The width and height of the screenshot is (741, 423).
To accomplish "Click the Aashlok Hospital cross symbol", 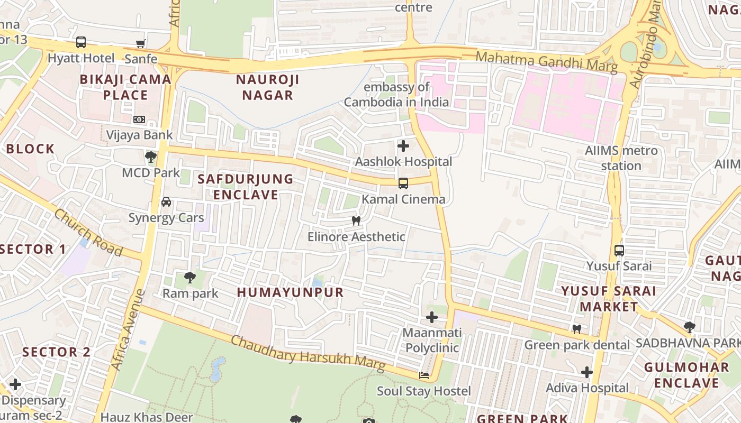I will click(x=403, y=145).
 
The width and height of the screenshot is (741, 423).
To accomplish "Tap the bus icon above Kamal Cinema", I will click(x=403, y=183).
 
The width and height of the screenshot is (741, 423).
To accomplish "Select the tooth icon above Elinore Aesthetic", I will click(x=356, y=220).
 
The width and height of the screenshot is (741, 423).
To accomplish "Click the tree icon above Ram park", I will click(x=189, y=277).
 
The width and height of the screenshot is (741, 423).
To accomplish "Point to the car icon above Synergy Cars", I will click(x=166, y=201).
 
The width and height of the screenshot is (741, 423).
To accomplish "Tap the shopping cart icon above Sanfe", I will click(x=140, y=44).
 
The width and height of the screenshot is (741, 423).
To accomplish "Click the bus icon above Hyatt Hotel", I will click(x=81, y=42).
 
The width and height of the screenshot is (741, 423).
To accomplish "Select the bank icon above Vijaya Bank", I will click(x=139, y=119).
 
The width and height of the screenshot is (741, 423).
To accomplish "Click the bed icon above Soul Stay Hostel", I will click(x=423, y=375).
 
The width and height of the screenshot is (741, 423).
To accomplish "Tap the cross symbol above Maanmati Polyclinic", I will click(x=432, y=317).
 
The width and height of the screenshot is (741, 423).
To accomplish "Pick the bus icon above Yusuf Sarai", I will click(x=619, y=250).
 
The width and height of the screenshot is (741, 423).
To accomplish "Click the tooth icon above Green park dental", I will click(x=577, y=329).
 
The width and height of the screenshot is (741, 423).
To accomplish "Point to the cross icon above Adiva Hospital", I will click(x=586, y=372).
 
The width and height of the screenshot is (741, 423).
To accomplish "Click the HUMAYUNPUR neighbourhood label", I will click(x=290, y=292).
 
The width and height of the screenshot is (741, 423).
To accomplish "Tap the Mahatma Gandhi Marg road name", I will click(x=546, y=61).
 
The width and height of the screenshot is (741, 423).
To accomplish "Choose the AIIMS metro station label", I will click(x=621, y=158).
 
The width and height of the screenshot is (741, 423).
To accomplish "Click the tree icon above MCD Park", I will click(x=151, y=157).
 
